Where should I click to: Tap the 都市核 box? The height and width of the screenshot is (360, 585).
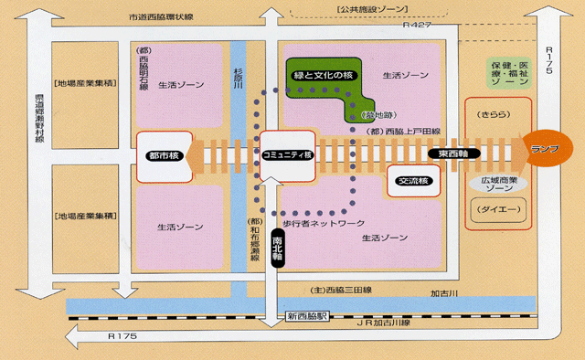161,155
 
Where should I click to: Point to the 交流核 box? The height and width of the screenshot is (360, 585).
413,181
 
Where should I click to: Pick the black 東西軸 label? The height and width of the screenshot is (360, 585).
455,153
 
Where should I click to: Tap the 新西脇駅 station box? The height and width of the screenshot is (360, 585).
310,316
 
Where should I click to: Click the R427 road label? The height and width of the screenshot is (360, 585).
418,27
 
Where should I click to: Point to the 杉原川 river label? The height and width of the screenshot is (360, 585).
240,74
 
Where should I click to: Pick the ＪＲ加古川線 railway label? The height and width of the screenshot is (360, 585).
384,323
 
